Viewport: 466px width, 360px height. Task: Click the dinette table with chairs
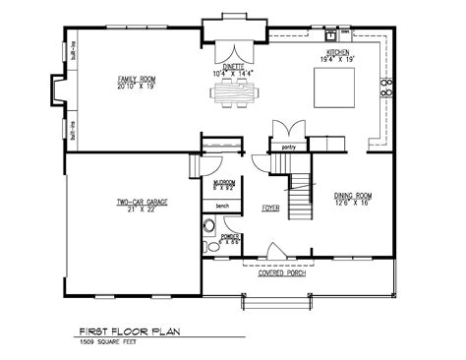[x=232, y=94]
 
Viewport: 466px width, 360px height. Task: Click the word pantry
[x=288, y=147]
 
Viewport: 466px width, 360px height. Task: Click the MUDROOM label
[x=223, y=181]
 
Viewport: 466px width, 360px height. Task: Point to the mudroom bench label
[x=222, y=208]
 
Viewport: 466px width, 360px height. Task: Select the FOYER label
[x=269, y=208]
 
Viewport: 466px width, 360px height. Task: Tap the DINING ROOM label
[x=350, y=197]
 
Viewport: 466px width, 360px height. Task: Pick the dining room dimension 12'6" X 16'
[x=350, y=205]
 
